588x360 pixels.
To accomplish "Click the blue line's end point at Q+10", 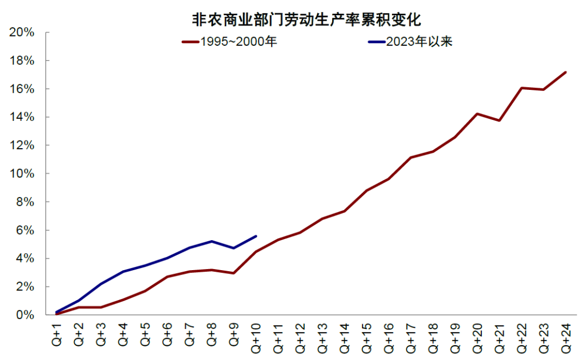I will pos(256,236).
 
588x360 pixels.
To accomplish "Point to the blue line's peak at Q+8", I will pos(212,241).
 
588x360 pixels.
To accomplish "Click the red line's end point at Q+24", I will pos(566,72).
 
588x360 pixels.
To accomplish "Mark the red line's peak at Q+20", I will pos(477,114).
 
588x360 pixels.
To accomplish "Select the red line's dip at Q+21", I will pos(499,120).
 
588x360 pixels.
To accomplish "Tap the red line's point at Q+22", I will pos(522,88).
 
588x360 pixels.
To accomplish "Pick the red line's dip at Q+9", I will pos(234,273).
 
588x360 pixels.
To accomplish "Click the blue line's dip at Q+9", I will pos(234,248).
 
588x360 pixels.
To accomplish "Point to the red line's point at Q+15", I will pos(367,190).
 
